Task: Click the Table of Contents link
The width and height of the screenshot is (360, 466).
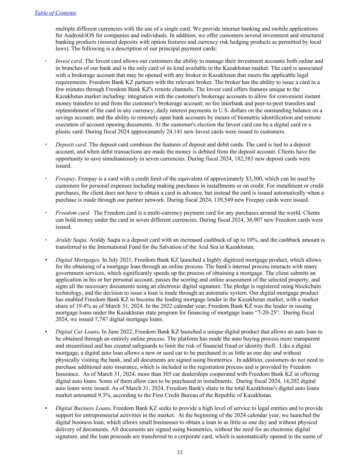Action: pos(55,13)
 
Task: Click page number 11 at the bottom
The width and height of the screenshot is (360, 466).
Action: pos(180,452)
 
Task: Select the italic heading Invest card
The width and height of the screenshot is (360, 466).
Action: pos(69,61)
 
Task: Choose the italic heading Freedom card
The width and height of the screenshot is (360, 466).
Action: pos(72,213)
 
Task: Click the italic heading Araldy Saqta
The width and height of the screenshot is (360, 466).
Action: pos(71,240)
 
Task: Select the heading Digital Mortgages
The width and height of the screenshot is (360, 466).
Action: pos(78,260)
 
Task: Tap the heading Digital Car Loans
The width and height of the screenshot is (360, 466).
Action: pos(78,331)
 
